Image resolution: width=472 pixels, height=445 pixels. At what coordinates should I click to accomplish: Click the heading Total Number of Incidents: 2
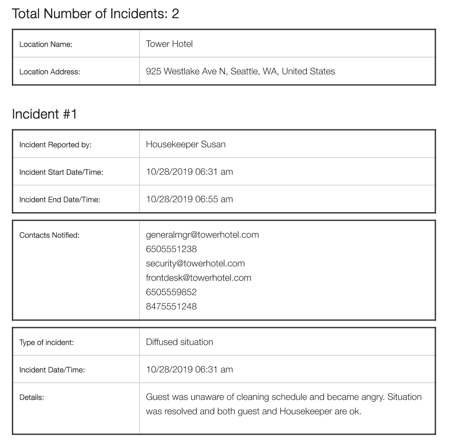tap(96, 14)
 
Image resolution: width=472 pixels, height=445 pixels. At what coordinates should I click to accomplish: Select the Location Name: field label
tap(46, 44)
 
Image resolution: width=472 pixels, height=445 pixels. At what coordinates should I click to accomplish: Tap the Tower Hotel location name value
tap(169, 44)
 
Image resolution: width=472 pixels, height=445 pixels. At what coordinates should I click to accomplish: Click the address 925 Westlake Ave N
tap(186, 71)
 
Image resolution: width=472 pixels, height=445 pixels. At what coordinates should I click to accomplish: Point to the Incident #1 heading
tap(44, 114)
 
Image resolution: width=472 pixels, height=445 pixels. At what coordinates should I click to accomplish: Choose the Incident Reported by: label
tap(55, 145)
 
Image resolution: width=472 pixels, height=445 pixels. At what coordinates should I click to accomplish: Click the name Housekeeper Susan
tap(186, 144)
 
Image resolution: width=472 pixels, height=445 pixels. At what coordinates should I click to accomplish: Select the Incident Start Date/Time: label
tap(61, 172)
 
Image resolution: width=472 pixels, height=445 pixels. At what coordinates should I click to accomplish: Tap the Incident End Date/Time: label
tap(60, 200)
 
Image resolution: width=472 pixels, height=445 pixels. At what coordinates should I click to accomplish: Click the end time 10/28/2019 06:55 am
tap(189, 199)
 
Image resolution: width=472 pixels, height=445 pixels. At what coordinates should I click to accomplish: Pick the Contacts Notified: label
tap(49, 235)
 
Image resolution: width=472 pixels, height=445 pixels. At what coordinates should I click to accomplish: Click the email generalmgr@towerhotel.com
tap(202, 235)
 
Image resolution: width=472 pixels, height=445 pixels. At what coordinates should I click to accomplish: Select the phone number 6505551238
tap(171, 249)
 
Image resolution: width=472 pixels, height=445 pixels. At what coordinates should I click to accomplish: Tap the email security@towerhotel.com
tap(195, 264)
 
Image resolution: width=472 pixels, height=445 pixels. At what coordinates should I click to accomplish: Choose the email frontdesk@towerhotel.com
tap(199, 278)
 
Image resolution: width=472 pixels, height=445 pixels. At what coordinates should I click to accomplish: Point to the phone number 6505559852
tap(171, 292)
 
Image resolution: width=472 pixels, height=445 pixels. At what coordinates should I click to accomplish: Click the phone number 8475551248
tap(171, 307)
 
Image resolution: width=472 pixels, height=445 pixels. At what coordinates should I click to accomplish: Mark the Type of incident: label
tap(47, 342)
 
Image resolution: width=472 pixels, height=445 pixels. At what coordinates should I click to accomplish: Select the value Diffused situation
tap(180, 342)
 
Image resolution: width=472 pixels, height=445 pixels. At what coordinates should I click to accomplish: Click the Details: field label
tap(31, 398)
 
